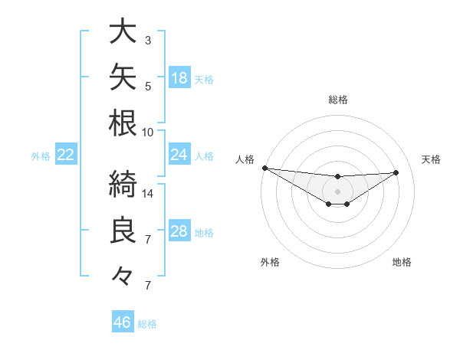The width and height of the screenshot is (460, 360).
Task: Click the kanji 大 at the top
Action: [123, 31]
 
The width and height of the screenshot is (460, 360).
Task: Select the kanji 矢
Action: [123, 77]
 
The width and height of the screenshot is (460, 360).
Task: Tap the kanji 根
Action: [123, 123]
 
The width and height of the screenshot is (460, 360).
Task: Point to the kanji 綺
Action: [123, 184]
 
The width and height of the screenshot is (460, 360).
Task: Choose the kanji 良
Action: [123, 230]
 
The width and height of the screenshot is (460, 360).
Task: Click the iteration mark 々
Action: [122, 276]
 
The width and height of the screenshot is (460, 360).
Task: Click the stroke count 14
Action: [147, 194]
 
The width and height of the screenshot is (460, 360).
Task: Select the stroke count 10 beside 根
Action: [147, 133]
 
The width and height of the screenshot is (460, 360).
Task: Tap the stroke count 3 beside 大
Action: [148, 41]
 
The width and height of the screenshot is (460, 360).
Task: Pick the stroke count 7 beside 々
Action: [148, 286]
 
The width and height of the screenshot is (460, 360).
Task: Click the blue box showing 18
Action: [179, 77]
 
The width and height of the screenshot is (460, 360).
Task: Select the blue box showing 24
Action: [179, 154]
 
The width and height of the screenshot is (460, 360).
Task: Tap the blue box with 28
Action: [179, 230]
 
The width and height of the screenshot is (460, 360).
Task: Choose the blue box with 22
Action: [66, 154]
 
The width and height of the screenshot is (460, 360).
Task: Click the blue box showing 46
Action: [123, 321]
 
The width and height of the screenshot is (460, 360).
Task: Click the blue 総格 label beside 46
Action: [147, 324]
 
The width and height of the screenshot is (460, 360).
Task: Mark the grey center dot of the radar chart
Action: [337, 191]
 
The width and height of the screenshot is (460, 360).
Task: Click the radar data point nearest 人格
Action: [265, 168]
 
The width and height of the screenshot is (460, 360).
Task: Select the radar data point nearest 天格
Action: [396, 172]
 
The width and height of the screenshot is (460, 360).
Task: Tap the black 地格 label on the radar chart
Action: [402, 262]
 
